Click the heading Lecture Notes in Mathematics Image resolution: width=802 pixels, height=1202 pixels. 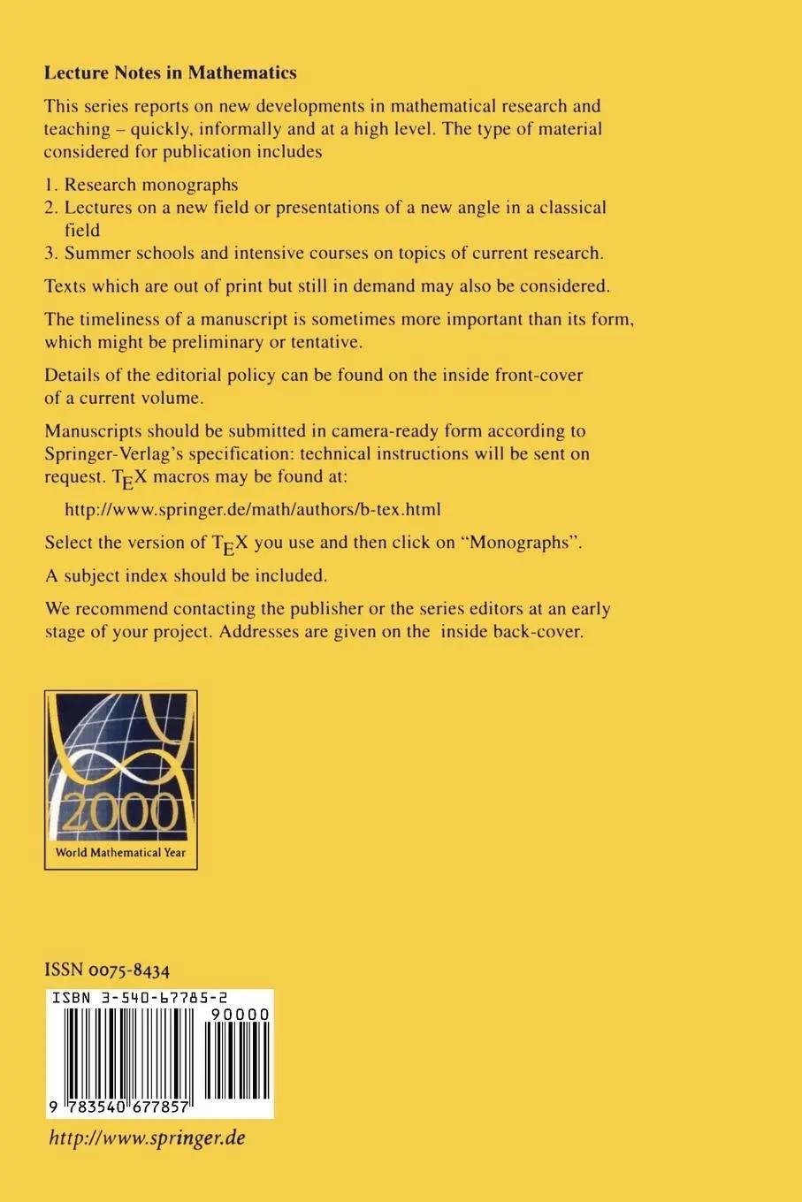click(170, 73)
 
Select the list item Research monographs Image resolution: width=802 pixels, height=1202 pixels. click(151, 185)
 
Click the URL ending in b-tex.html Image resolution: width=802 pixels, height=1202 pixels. click(253, 509)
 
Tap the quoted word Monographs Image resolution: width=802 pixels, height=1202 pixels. click(524, 543)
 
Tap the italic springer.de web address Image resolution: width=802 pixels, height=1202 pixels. click(147, 1138)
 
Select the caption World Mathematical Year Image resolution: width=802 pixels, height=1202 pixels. click(120, 854)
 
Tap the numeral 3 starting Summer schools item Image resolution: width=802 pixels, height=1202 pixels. click(50, 253)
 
